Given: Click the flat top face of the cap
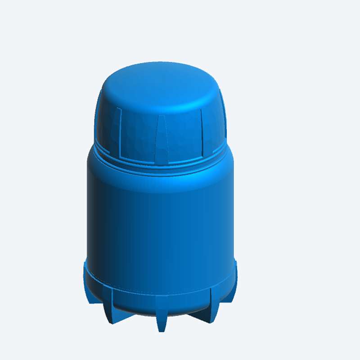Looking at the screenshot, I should [160, 85].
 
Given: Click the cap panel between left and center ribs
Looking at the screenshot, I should [137, 135].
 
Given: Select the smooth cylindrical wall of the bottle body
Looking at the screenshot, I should [160, 225].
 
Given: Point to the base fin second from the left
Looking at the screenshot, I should [108, 306].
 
